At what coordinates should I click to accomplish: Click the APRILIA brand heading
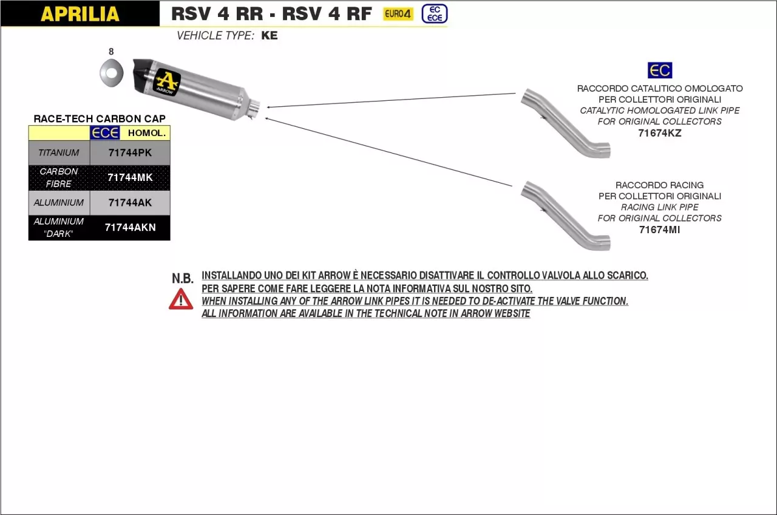pos(80,14)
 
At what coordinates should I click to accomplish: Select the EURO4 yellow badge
pos(398,14)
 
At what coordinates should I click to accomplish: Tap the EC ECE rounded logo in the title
pos(435,13)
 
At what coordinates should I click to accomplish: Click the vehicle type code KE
pos(270,36)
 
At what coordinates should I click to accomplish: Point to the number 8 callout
pos(110,52)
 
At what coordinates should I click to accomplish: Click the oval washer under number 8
pos(110,73)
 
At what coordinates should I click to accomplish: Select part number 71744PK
pos(130,153)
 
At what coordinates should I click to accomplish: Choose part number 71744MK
pos(130,178)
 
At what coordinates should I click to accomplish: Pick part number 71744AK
pos(130,203)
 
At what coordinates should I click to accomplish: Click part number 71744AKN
pos(130,228)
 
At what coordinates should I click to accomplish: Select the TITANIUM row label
pos(59,153)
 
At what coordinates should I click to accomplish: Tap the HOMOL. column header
pos(146,133)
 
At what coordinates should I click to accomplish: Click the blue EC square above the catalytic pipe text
pos(660,70)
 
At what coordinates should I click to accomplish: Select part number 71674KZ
pos(660,133)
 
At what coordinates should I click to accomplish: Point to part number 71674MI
pos(660,230)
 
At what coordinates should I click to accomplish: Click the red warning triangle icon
pos(181,299)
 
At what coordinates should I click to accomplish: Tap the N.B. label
pos(182,279)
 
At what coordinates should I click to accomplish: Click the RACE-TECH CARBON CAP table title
pos(100,118)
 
